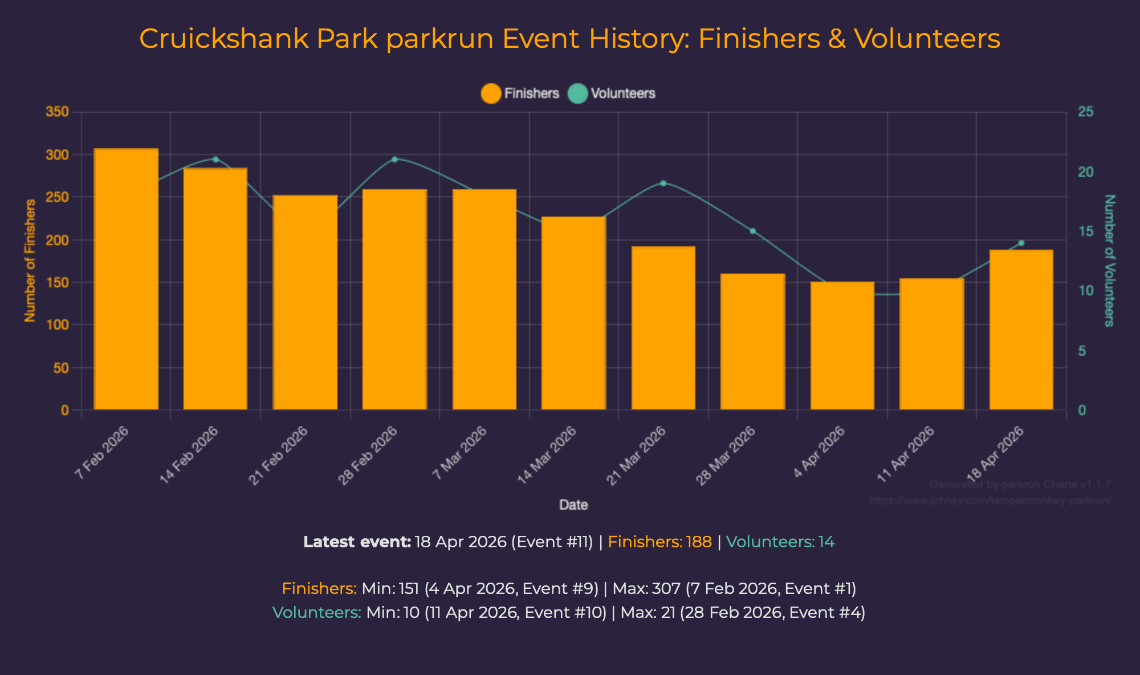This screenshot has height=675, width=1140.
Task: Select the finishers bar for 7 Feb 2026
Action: [126, 279]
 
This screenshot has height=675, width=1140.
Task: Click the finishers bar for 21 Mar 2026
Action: [663, 328]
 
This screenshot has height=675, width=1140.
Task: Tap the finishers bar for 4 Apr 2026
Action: [842, 345]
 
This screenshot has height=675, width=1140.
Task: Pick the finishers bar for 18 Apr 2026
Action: [1021, 330]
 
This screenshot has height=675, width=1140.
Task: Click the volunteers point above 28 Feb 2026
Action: [394, 159]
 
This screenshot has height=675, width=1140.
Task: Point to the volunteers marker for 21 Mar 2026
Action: [663, 183]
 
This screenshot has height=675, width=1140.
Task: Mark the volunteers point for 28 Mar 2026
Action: [752, 231]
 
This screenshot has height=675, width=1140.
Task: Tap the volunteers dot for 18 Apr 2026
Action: [1021, 243]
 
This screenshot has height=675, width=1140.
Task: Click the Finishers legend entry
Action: [520, 93]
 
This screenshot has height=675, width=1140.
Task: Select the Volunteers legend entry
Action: [612, 93]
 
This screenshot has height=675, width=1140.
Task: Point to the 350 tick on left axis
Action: [57, 112]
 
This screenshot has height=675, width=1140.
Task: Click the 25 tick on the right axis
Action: [1086, 112]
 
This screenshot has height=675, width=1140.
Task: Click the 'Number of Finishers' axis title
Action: [30, 261]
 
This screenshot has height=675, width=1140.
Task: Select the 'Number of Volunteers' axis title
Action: [1109, 261]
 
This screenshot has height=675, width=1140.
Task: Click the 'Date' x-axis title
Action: [573, 505]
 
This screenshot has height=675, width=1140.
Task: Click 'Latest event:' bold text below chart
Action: [357, 542]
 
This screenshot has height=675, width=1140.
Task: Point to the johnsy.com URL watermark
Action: [990, 501]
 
